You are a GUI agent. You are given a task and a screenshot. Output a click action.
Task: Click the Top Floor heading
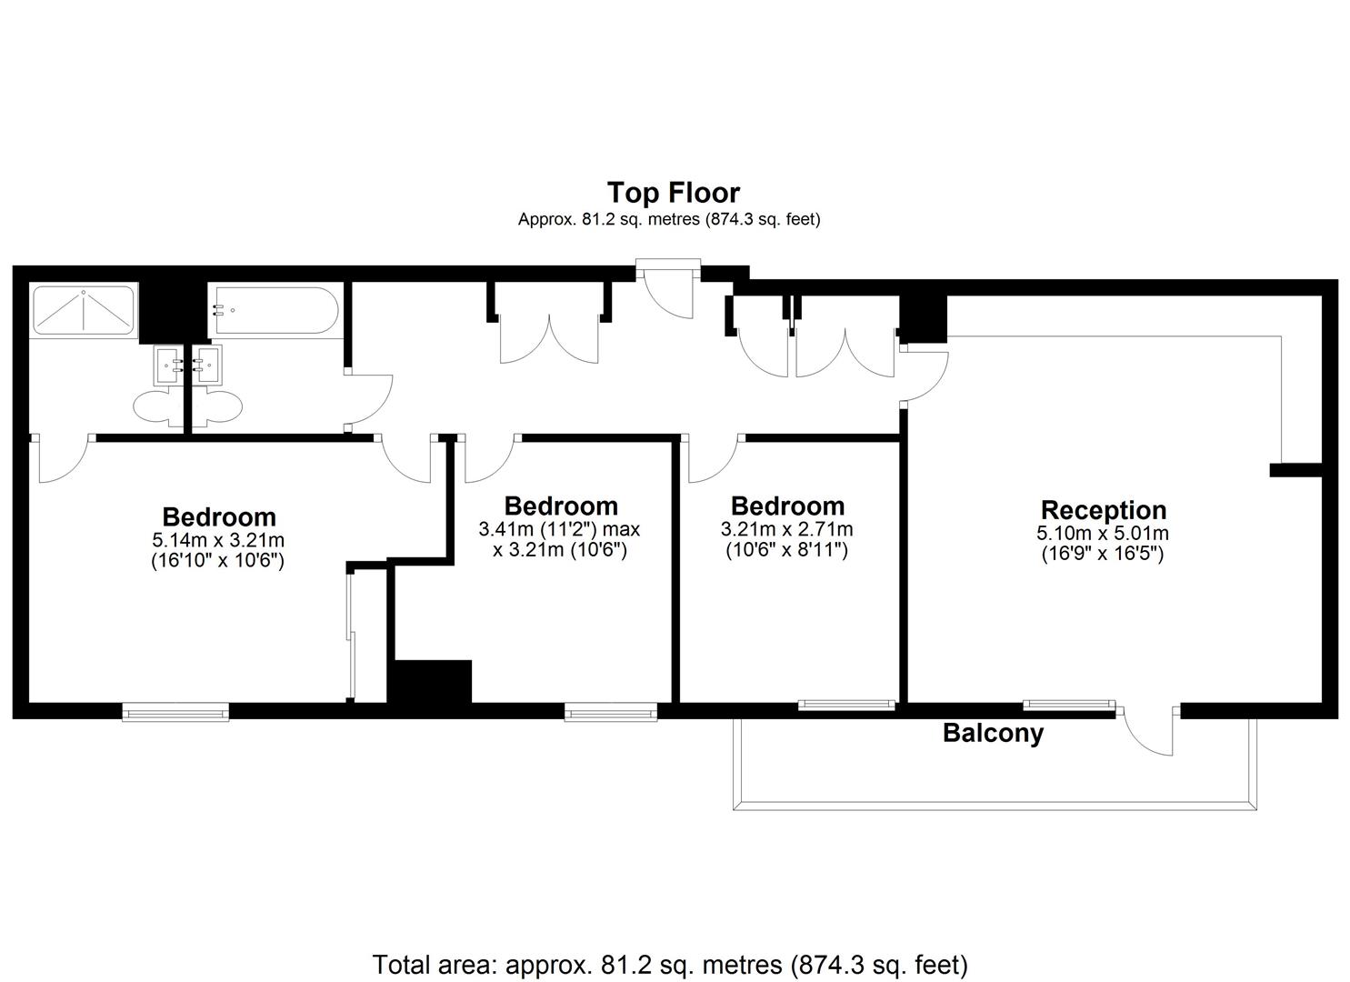[674, 193]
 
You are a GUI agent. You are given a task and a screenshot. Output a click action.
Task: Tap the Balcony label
[994, 733]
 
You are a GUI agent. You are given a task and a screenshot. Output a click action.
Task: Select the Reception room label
[1104, 510]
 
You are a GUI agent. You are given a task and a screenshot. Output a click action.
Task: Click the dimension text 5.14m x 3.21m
[218, 539]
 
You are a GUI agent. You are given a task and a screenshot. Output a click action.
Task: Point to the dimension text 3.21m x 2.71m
[786, 529]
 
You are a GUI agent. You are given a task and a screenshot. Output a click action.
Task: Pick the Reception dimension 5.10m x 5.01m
[1103, 533]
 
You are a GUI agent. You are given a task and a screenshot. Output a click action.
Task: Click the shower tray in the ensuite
[84, 310]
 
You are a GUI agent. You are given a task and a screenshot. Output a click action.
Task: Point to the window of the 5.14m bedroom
[175, 712]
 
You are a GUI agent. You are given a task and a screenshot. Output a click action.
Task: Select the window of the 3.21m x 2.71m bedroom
[846, 705]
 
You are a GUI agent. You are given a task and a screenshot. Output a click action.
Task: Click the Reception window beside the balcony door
[1068, 705]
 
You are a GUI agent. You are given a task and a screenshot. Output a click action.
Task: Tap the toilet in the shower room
[156, 407]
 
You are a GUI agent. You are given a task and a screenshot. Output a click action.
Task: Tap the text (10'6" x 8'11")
[786, 550]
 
